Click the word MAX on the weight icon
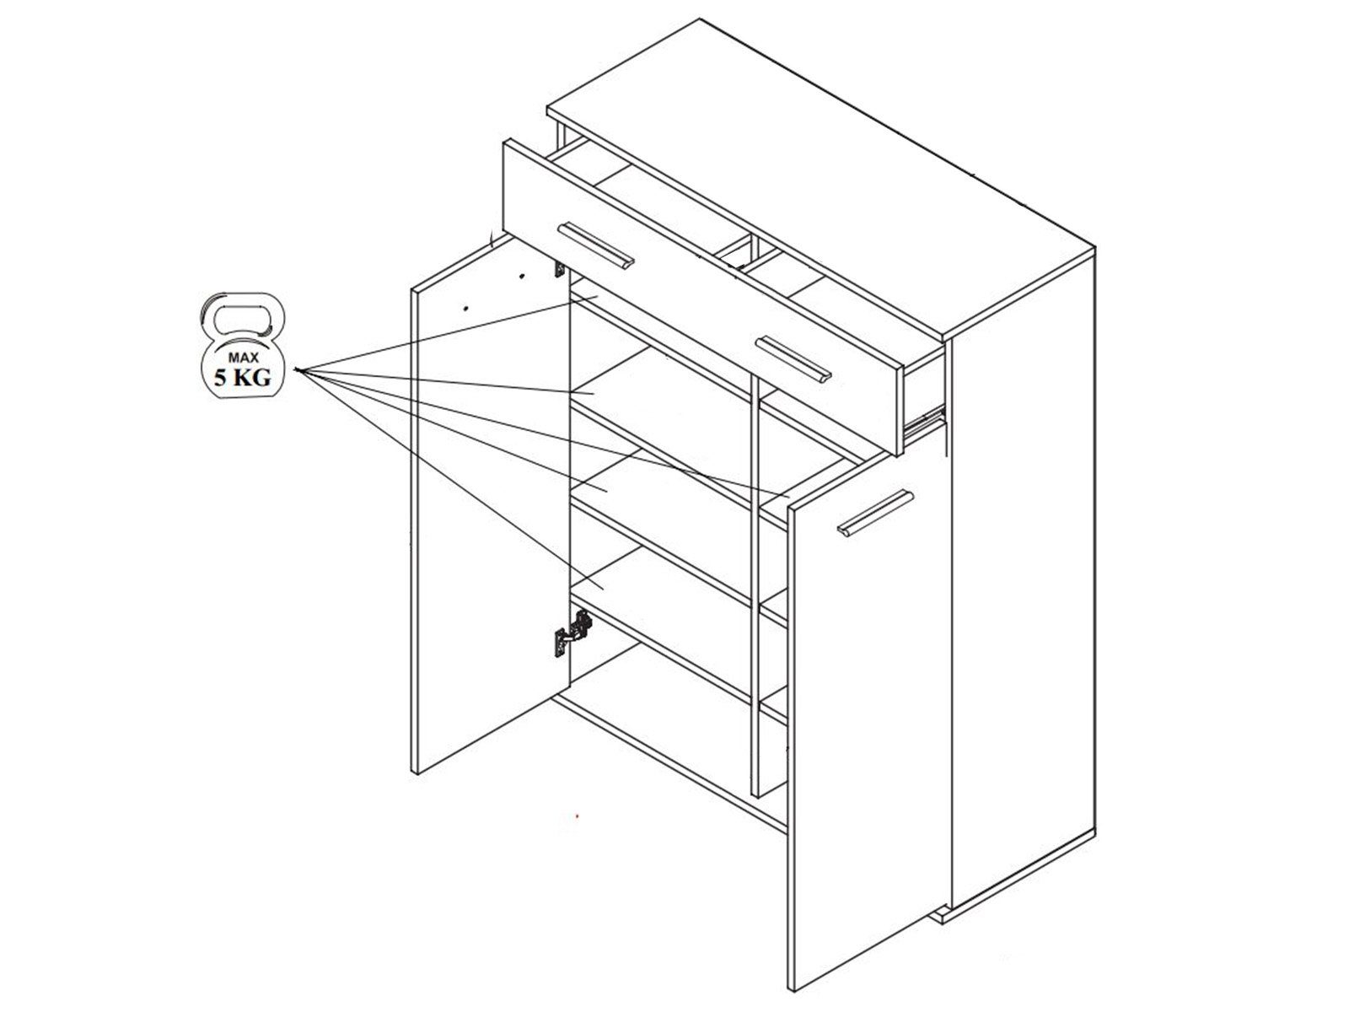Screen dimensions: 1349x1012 tap(243, 357)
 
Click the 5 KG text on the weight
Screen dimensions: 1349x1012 tap(242, 378)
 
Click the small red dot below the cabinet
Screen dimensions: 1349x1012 tap(577, 816)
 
